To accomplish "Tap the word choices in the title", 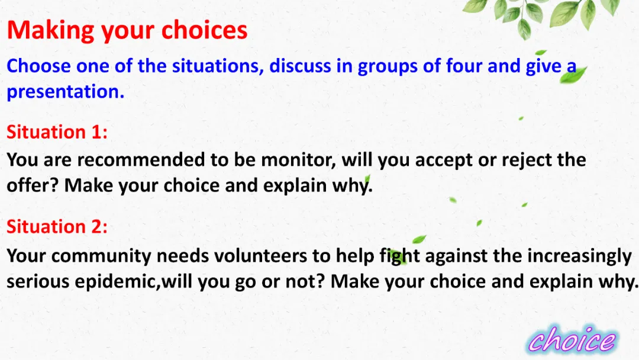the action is tap(205, 30).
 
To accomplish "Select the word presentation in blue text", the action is tap(65, 92).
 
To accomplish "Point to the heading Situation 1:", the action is tap(57, 132).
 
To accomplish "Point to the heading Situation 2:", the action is tap(57, 227).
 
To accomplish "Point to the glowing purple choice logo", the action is tap(572, 339).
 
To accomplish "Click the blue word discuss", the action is tap(300, 66).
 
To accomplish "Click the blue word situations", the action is tap(218, 66).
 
